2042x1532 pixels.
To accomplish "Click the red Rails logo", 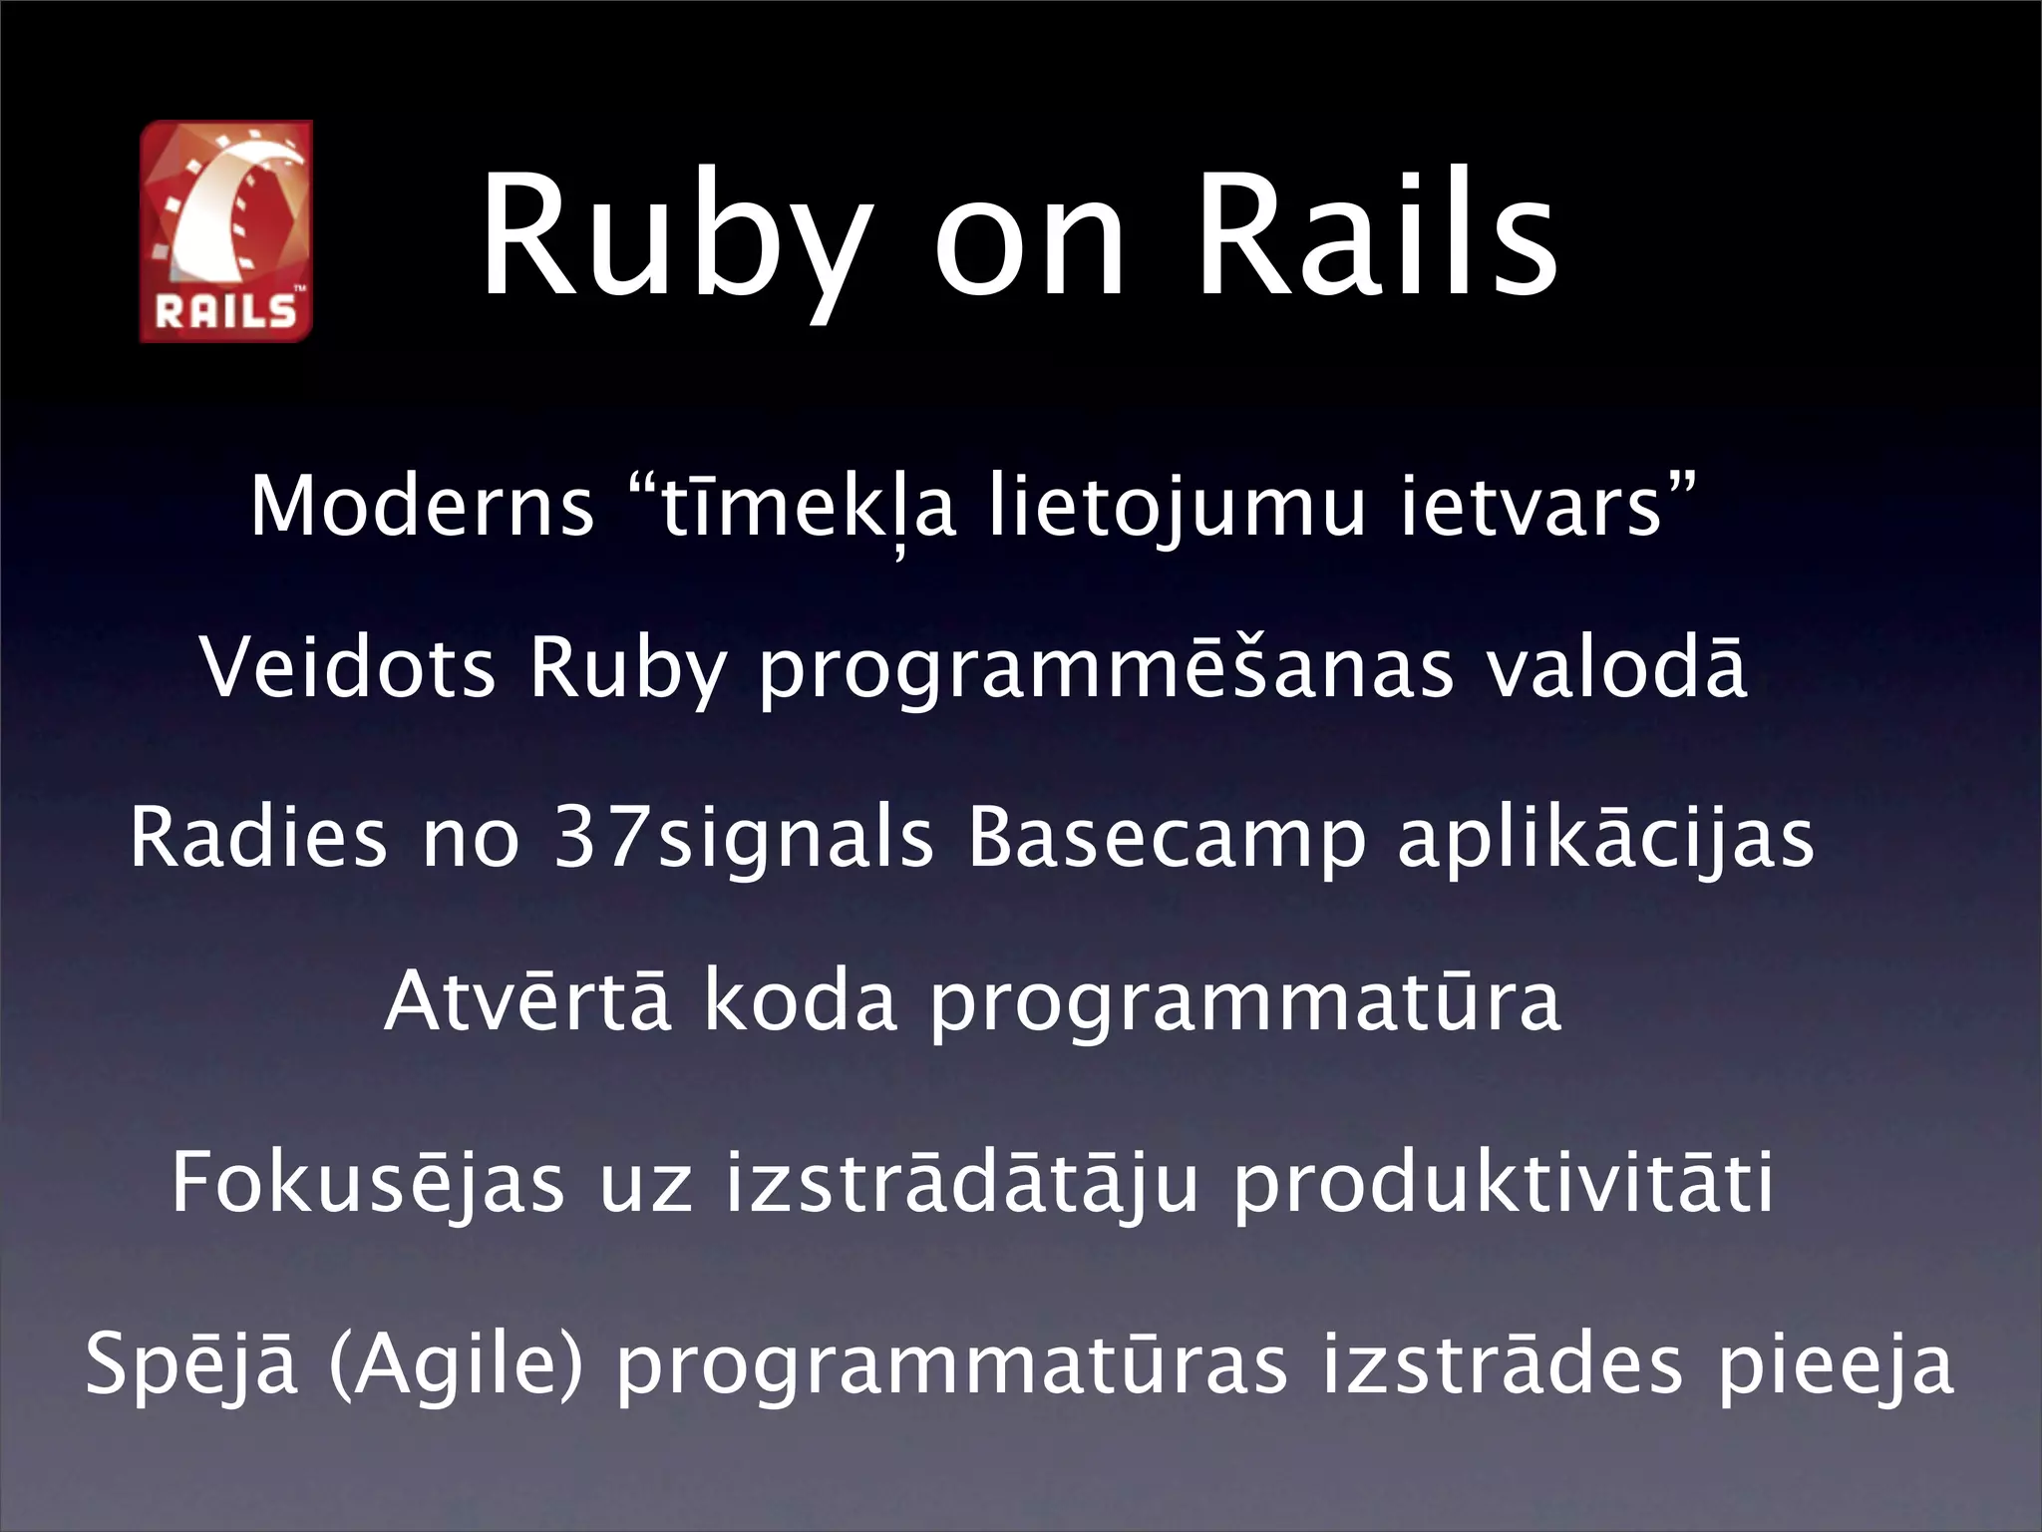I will pos(226,230).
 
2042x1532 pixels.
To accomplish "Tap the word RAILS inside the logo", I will pos(226,312).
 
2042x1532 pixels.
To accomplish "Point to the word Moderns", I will pos(422,507).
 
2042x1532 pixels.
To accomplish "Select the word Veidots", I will pos(348,667).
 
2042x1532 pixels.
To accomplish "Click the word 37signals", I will pos(744,837).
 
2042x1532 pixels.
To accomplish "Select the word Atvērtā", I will pos(527,1001).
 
